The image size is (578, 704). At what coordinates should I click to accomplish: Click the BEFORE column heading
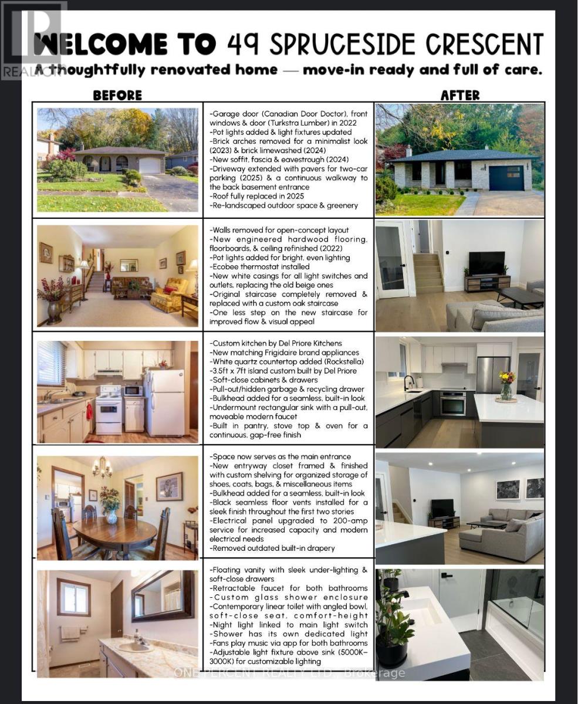click(117, 94)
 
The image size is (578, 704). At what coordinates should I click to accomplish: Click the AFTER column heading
click(460, 94)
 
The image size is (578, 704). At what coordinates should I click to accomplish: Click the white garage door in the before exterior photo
click(150, 165)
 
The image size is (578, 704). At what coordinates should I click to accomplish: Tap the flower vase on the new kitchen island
click(506, 385)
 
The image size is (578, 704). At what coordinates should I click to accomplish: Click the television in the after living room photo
click(487, 262)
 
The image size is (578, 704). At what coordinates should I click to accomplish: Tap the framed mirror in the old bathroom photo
click(163, 595)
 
